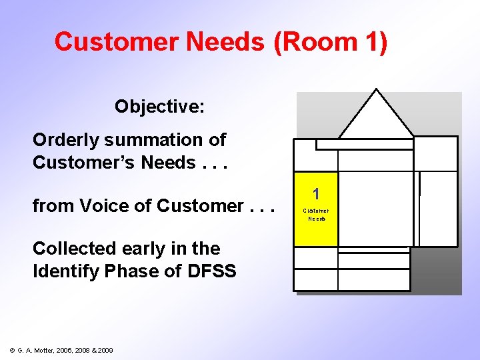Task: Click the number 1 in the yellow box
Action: coord(316,194)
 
